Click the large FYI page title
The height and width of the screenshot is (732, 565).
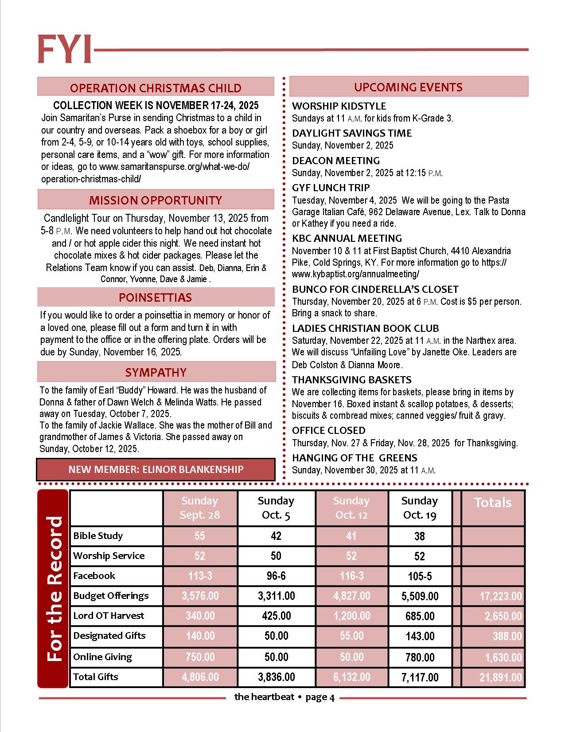point(65,49)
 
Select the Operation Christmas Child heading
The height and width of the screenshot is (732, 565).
point(156,88)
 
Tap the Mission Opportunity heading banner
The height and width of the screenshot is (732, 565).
point(156,200)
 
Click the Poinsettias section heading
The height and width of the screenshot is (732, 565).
point(156,297)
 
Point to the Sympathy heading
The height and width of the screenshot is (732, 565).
point(156,372)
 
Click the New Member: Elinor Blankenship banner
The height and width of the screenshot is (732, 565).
point(156,469)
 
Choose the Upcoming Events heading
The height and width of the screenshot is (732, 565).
point(408,87)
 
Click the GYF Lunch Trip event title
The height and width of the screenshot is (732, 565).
point(331,188)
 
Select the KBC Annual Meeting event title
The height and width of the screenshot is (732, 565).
point(347,238)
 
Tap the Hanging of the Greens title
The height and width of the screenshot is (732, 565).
point(355,458)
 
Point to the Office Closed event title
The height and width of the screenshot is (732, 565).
point(328,430)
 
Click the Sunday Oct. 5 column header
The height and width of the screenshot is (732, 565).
point(276,508)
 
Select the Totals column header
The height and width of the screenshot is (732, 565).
point(492,503)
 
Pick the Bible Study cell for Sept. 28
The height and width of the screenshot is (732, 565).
point(200,536)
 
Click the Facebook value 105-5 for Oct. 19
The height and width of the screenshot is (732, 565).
point(419,576)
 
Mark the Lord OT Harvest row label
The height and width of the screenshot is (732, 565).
point(109,616)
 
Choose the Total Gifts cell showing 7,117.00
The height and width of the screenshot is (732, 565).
point(419,677)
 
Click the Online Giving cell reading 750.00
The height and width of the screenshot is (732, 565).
point(200,657)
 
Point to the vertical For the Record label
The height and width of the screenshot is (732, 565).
point(54,589)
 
